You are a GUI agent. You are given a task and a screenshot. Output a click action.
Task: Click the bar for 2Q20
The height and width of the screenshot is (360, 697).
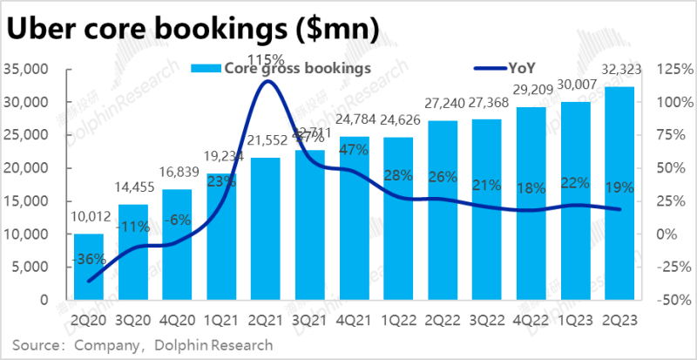point(88,267)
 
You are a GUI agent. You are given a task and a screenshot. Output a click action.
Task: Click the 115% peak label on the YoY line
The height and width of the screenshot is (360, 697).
point(264,59)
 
